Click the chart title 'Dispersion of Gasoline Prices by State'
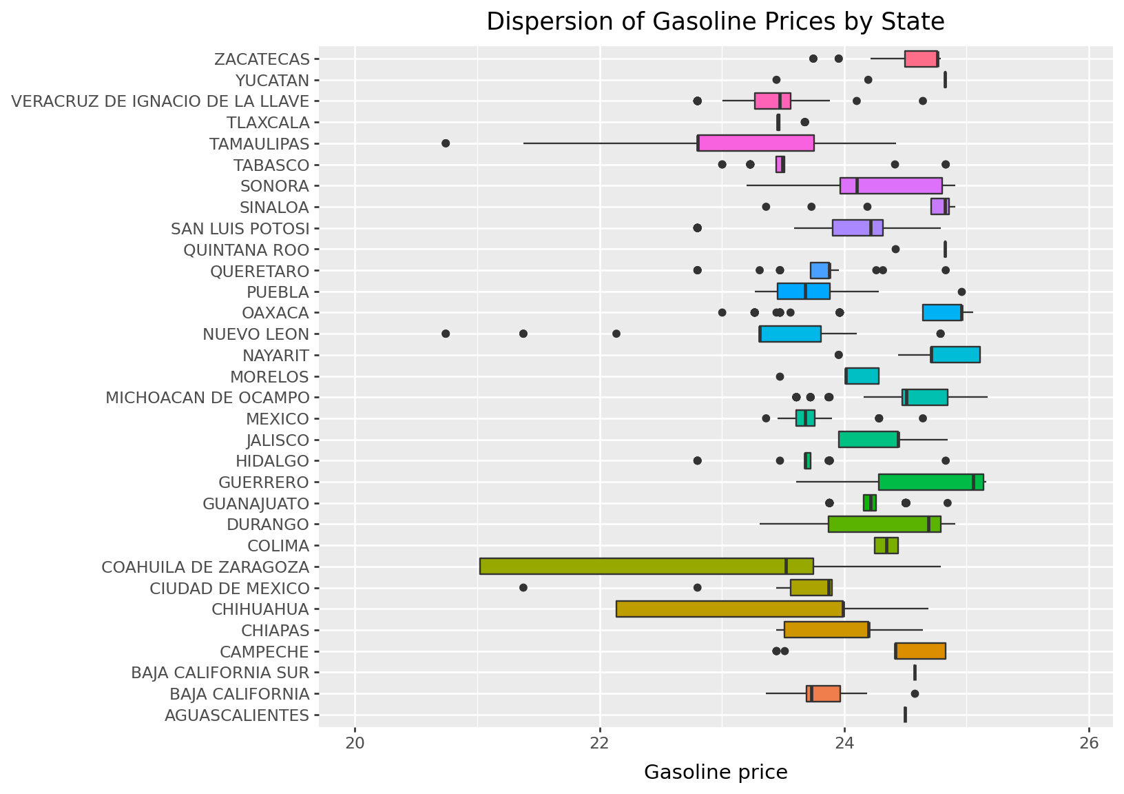(715, 22)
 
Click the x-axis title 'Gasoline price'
(715, 773)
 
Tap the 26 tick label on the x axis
(1088, 744)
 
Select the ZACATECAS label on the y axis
(262, 59)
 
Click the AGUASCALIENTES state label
(237, 715)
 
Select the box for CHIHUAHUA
(729, 609)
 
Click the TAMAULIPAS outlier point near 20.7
(446, 143)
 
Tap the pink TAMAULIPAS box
(756, 143)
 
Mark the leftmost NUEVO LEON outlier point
(446, 334)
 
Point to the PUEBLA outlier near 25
(961, 292)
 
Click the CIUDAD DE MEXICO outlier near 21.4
(523, 588)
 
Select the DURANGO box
(884, 524)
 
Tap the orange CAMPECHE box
(920, 651)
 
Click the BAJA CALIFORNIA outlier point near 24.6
(915, 693)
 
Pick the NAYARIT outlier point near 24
(838, 355)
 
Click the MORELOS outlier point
(780, 376)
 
